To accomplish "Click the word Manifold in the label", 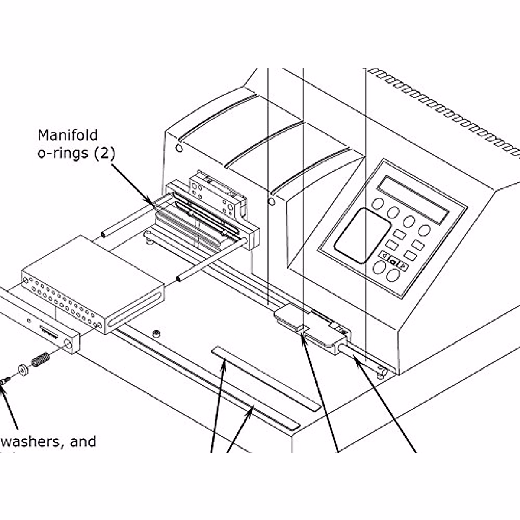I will (67, 135).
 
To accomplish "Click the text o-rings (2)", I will (76, 154).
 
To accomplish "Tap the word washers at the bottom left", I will (33, 442).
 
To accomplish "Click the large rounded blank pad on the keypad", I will (356, 236).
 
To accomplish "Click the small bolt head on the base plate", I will (156, 333).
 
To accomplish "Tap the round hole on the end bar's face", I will (68, 344).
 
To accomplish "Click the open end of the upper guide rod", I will (103, 234).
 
